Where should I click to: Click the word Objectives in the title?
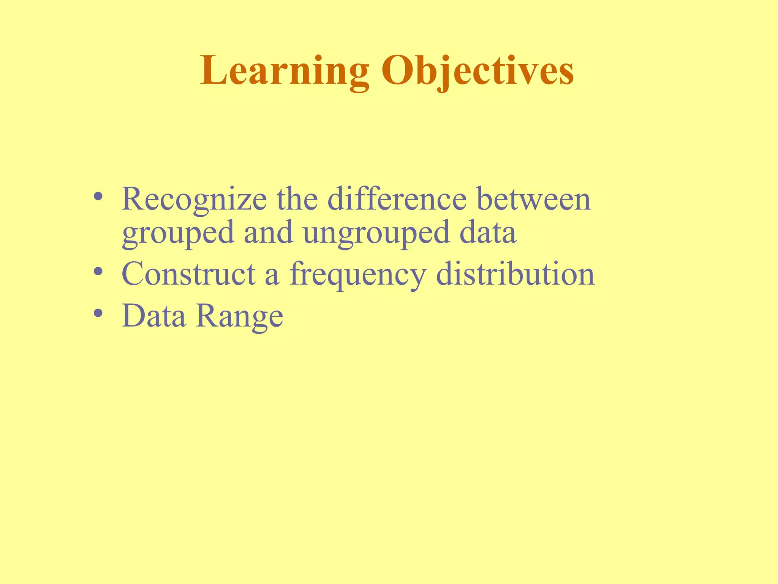pos(478,71)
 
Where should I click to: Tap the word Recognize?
pos(194,200)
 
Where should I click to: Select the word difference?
pos(397,199)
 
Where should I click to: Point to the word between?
pos(534,199)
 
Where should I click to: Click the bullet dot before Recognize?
pos(98,197)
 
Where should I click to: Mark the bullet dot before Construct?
pos(98,271)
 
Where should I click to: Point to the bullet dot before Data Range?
pos(98,313)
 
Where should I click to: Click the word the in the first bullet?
pos(297,199)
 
